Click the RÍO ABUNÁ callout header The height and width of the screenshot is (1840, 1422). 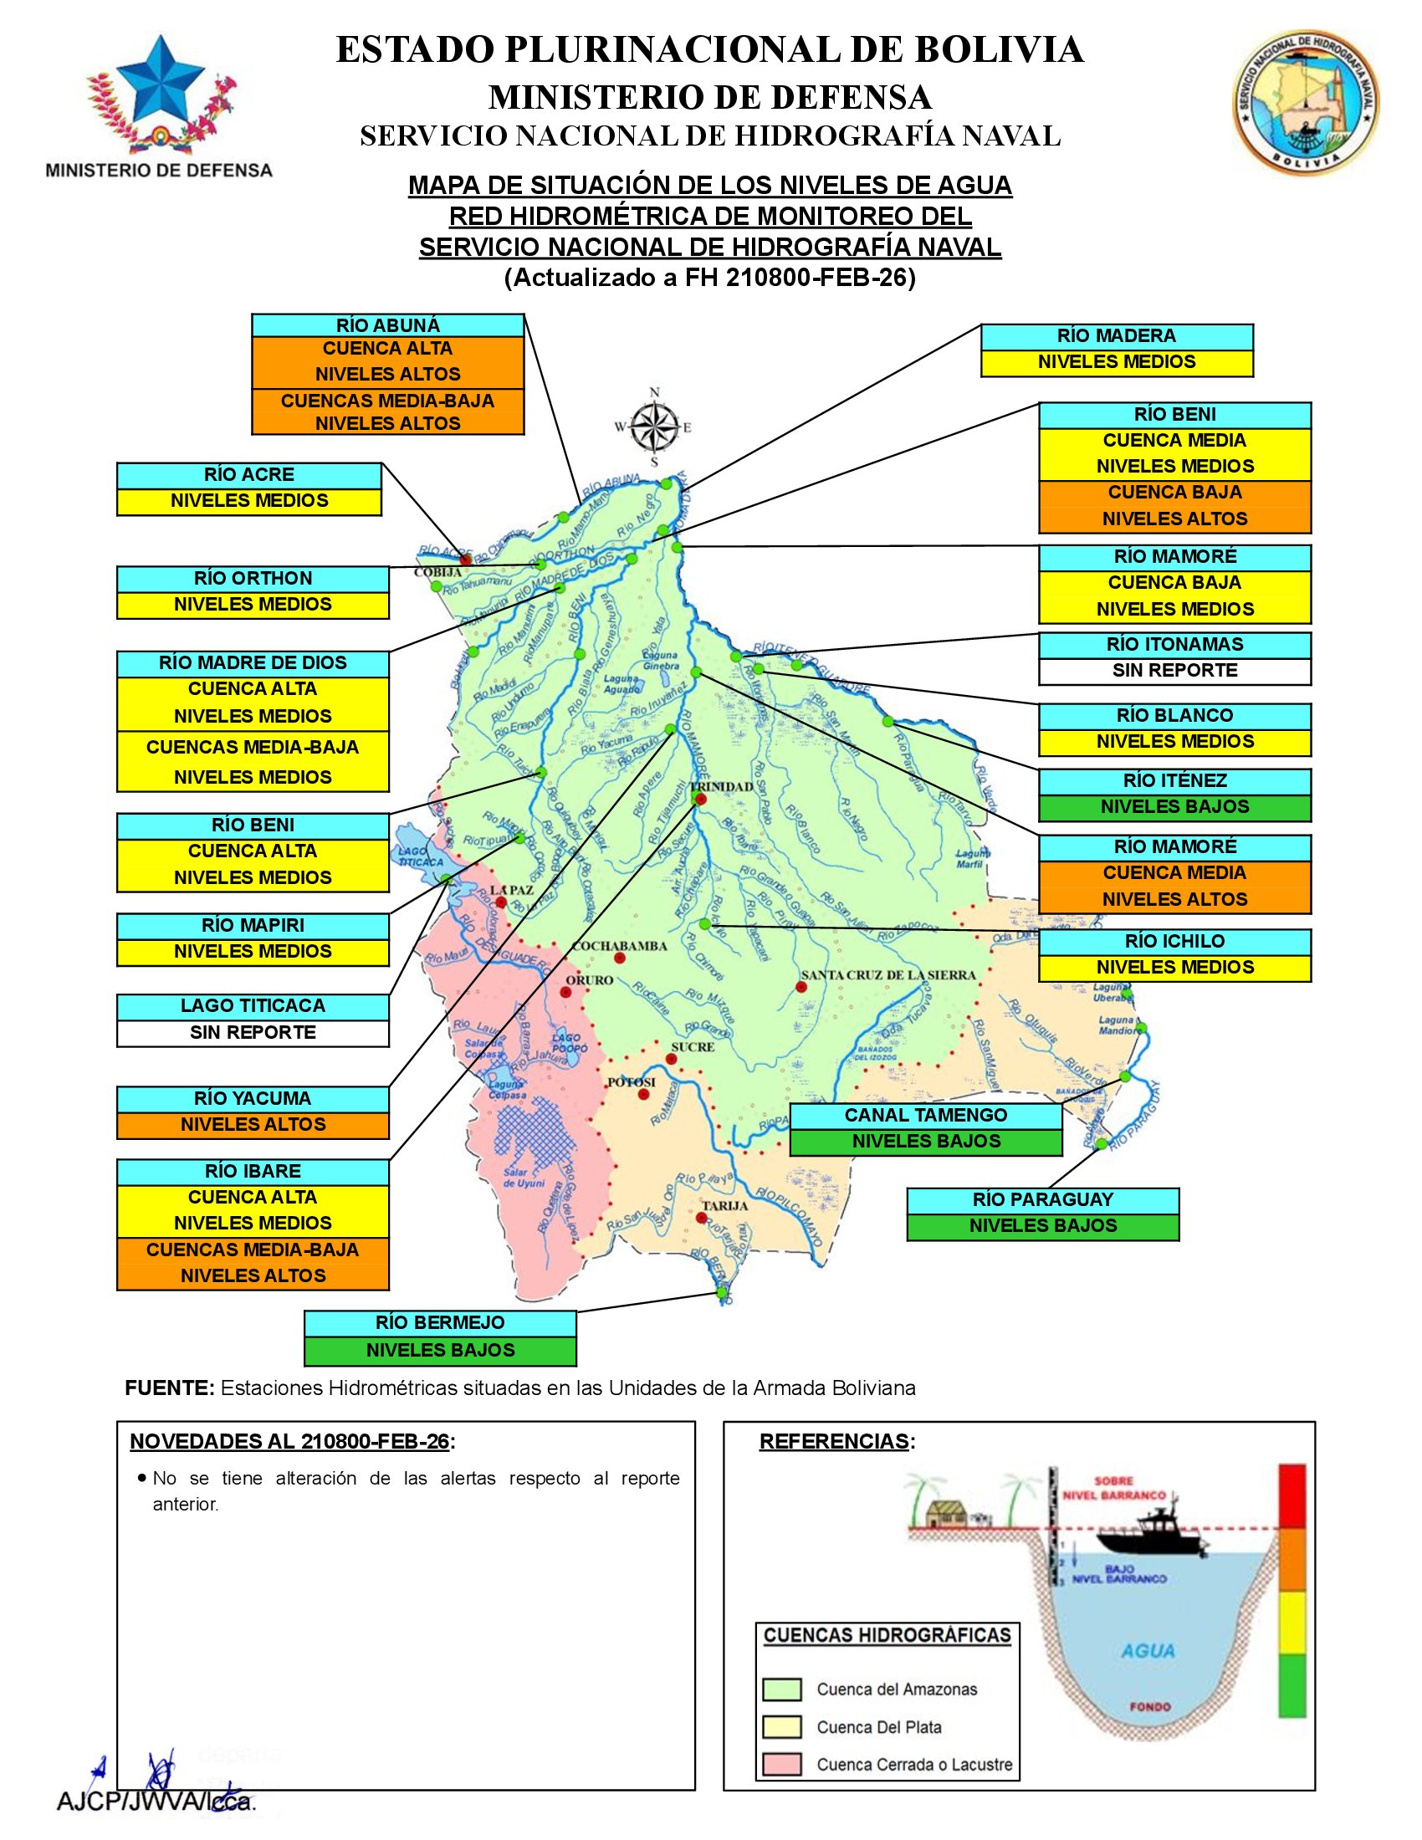pyautogui.click(x=387, y=326)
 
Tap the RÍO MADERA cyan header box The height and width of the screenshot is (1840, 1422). pyautogui.click(x=1116, y=336)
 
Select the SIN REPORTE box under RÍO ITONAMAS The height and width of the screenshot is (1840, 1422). pyautogui.click(x=1174, y=671)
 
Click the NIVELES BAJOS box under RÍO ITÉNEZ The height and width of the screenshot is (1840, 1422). pyautogui.click(x=1174, y=807)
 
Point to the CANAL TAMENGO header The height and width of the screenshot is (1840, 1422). pyautogui.click(x=926, y=1116)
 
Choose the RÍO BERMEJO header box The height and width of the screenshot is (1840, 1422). pyautogui.click(x=440, y=1323)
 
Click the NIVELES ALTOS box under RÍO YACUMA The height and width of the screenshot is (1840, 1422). pyautogui.click(x=253, y=1125)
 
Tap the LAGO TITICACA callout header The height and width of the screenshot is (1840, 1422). pyautogui.click(x=253, y=1006)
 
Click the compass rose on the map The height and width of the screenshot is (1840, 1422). pyautogui.click(x=655, y=427)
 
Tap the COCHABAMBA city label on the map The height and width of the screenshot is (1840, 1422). pyautogui.click(x=619, y=946)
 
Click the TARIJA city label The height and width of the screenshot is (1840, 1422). pyautogui.click(x=724, y=1205)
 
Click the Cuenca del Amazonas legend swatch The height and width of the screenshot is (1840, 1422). pyautogui.click(x=781, y=1689)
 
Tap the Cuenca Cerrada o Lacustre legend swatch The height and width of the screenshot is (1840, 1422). pyautogui.click(x=781, y=1764)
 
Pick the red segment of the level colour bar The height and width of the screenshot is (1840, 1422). pyautogui.click(x=1292, y=1495)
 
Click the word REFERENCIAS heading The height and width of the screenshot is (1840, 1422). pyautogui.click(x=834, y=1442)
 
